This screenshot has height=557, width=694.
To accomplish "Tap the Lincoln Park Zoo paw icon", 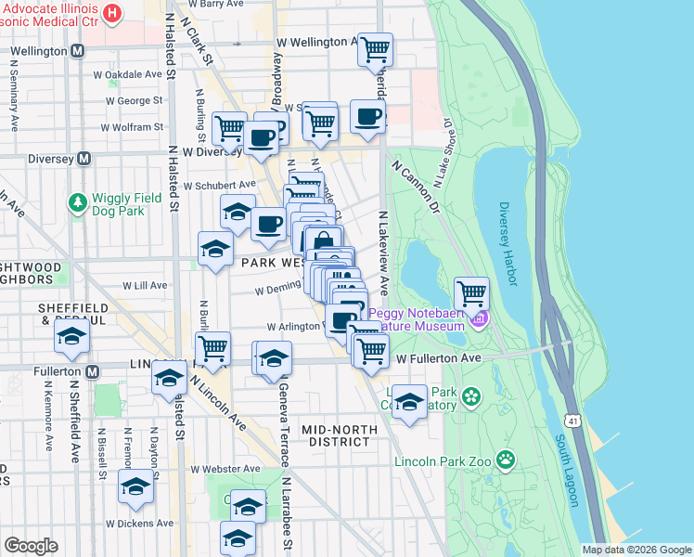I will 505,459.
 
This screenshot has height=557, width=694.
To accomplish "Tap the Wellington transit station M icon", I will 78,51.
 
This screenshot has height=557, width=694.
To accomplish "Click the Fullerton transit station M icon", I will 92,371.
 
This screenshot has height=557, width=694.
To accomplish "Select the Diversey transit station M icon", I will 84,158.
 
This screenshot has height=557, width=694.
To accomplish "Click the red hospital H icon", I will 113,13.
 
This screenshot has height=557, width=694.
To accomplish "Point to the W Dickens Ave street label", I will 139,523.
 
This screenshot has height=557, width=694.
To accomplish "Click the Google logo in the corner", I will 31,546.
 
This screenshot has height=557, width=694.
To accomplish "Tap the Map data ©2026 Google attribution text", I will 636,550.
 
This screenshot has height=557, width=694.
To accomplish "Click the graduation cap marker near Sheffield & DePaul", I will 71,340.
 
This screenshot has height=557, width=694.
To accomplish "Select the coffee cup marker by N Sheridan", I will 368,117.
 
